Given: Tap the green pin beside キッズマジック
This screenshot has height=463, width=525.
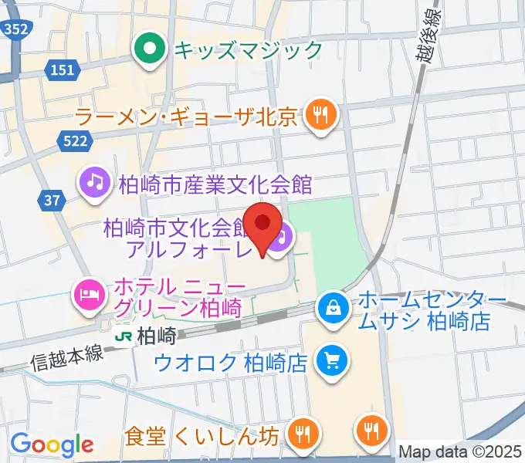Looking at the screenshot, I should point(150,51).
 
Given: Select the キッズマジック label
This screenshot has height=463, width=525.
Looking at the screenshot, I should point(247,51).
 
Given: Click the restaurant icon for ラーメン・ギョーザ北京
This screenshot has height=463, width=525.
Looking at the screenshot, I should point(318,117).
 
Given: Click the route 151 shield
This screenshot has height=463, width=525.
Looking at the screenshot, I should point(64,71).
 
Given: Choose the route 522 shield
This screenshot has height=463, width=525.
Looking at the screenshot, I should point(75,140).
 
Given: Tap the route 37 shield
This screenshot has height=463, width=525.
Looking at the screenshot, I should point(52,201).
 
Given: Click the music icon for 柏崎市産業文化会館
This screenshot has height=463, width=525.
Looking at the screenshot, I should point(95,183).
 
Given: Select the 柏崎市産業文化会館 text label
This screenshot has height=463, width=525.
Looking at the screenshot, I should point(215,184).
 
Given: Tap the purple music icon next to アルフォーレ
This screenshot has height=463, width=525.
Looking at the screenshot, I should point(282,233).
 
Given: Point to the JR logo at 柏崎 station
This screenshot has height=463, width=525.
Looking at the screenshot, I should point(123,336).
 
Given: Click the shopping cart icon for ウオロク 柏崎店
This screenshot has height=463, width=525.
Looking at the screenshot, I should point(333,360).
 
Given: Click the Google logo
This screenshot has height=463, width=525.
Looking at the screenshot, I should point(52,444).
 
